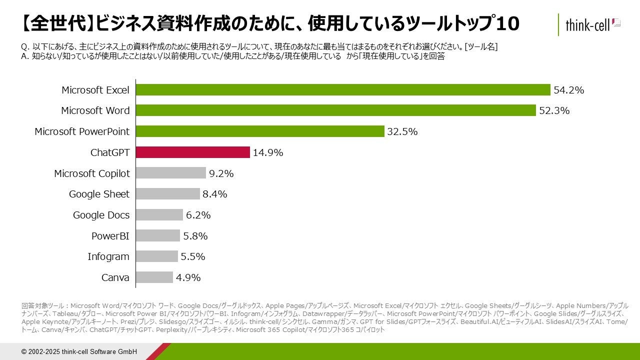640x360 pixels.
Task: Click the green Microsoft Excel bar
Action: pos(343,90)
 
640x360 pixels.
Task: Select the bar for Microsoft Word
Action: pos(335,110)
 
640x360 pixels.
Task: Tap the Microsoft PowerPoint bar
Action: pos(260,131)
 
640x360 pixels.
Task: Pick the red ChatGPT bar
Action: pos(192,152)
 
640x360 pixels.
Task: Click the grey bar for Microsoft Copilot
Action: pos(171,173)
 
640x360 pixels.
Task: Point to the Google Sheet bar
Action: pos(168,194)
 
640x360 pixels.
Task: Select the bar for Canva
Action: pos(154,277)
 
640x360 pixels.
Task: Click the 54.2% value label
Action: pos(568,90)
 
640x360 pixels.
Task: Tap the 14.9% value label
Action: pos(267,152)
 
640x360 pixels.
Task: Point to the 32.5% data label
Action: pos(402,131)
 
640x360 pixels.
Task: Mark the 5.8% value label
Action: pos(195,236)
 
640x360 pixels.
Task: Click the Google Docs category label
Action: pos(101,215)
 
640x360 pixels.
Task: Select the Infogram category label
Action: pos(108,256)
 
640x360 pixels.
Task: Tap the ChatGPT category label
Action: pos(109,152)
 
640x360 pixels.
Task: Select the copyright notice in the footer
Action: pos(79,351)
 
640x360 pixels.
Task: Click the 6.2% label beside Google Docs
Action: pos(198,215)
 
